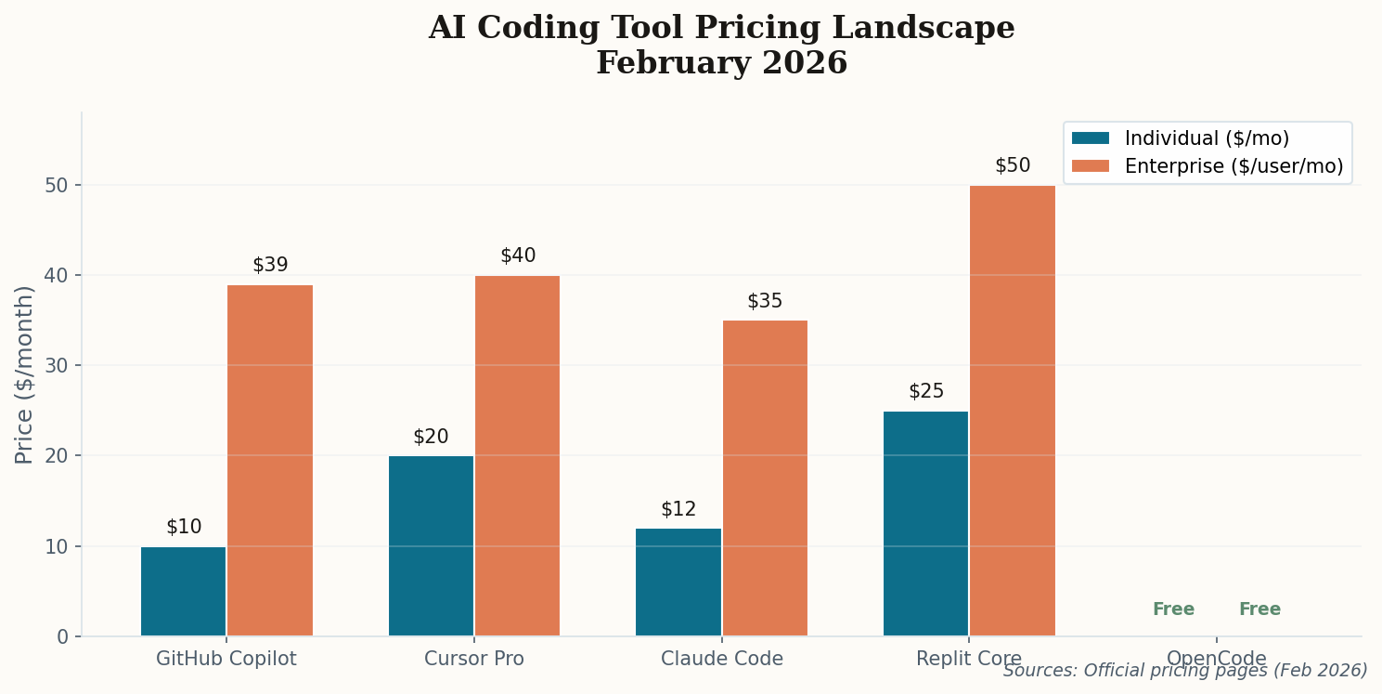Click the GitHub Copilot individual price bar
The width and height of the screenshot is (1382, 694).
[x=183, y=591]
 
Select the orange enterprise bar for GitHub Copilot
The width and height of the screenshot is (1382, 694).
[x=270, y=460]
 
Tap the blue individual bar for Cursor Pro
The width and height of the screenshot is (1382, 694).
[x=431, y=545]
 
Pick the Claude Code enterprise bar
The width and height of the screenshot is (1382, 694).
[x=765, y=478]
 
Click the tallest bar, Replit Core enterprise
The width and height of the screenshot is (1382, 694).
[x=1013, y=411]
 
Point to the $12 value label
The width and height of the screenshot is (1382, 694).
[x=678, y=509]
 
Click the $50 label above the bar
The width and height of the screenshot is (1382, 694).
[x=1013, y=165]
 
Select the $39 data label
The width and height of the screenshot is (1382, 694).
[x=270, y=265]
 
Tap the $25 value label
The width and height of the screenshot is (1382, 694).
[x=926, y=391]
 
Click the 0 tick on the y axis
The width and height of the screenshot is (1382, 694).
[x=62, y=636]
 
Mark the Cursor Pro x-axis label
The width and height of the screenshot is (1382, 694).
[x=474, y=659]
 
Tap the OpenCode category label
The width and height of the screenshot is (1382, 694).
[x=1216, y=659]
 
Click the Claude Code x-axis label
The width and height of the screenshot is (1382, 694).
[x=722, y=659]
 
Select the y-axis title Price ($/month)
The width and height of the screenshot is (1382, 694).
[x=25, y=374]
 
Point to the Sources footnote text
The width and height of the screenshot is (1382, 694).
[x=1185, y=670]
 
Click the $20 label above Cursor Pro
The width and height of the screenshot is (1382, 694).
[x=431, y=437]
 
